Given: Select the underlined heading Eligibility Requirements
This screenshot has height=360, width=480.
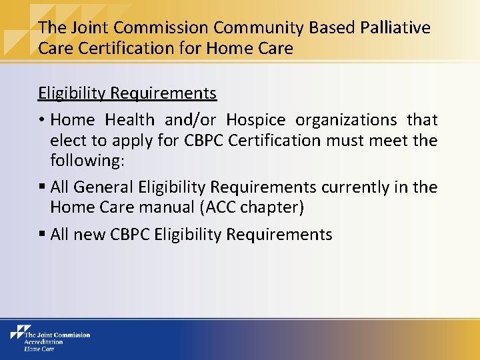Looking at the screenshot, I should point(127,93).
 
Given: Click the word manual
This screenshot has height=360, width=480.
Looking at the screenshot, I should point(167,208).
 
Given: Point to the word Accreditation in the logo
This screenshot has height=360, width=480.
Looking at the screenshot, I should point(43,341).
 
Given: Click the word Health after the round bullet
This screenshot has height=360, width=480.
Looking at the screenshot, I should point(130,120).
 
